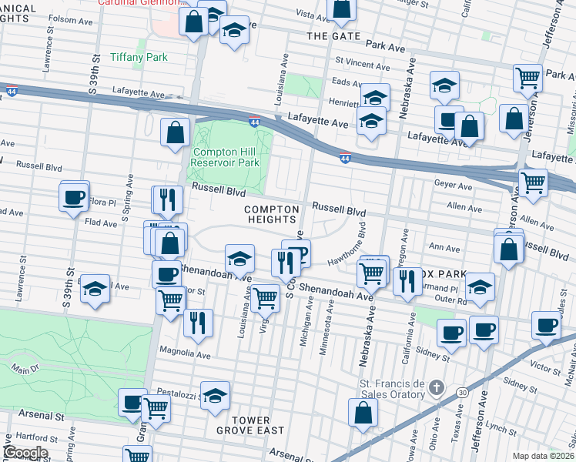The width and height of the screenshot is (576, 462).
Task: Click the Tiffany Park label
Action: (139, 57)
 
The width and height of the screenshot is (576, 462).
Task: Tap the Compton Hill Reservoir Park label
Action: (226, 157)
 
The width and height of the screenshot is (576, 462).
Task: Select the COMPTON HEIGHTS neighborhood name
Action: (271, 214)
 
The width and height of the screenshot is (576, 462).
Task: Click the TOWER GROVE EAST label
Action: (250, 424)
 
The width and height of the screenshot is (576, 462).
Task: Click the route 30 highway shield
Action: (461, 393)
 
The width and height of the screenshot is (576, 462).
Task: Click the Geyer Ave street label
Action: (454, 186)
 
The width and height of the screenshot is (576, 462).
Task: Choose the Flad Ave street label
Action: (101, 223)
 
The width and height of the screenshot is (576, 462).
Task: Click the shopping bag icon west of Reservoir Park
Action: (176, 132)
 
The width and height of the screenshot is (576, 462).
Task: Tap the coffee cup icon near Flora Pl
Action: (74, 197)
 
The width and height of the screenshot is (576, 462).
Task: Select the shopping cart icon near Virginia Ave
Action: (265, 296)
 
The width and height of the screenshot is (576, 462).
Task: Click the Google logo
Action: (25, 452)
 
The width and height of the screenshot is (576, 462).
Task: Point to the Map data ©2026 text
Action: (543, 456)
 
